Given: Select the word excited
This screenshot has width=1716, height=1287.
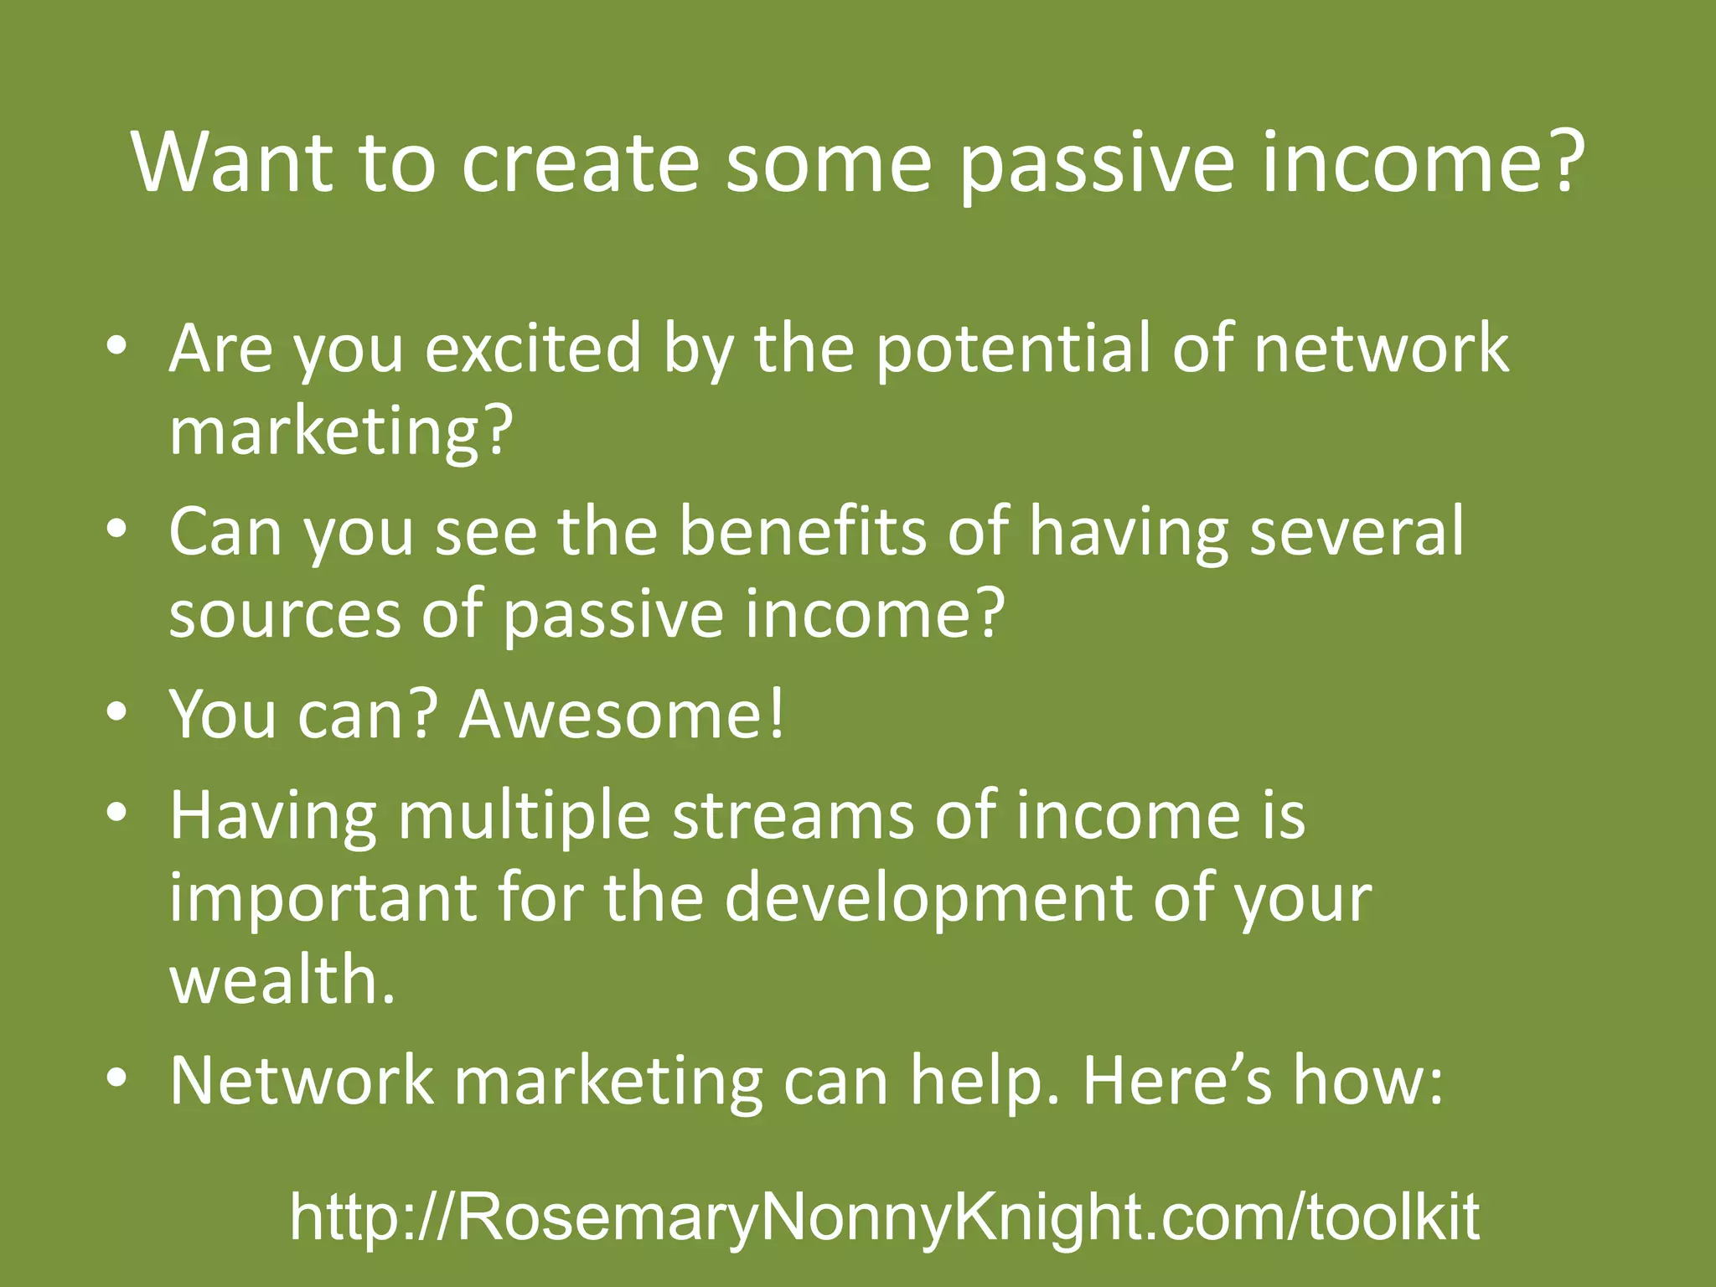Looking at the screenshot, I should coord(533,348).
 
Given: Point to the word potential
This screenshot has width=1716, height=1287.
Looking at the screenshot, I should coord(1012,348).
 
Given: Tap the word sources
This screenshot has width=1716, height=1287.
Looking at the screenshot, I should coord(285,614).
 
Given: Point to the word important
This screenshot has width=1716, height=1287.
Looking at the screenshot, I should coord(323,897).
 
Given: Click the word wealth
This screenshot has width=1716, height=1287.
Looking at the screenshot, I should coord(282,980).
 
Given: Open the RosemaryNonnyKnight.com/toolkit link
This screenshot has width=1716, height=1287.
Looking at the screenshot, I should coord(884,1217).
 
